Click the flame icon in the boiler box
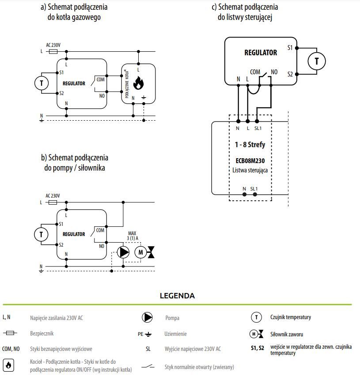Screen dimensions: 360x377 pos(138,83)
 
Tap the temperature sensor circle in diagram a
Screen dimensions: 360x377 pos(42,83)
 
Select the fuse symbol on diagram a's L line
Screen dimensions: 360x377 pos(53,51)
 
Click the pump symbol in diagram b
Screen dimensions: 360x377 pos(123,252)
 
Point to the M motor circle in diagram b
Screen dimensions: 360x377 pos(140,252)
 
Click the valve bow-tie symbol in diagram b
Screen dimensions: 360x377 pos(151,252)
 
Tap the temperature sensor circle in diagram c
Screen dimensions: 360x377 pos(317,61)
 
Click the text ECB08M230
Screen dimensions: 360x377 pos(250,160)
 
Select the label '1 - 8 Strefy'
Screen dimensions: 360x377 pos(250,145)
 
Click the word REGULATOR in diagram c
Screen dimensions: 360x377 pos(261,53)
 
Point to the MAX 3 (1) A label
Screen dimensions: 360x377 pos(133,236)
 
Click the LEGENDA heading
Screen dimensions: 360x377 pos(178,296)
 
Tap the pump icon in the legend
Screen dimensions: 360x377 pos(147,317)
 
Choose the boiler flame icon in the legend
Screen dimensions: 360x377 pos(8,365)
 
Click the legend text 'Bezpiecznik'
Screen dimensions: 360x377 pos(42,334)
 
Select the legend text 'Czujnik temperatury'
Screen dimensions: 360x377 pos(291,317)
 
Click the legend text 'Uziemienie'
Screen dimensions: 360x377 pos(175,334)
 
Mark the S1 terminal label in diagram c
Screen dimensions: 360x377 pos(290,48)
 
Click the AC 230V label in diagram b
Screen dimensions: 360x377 pos(53,196)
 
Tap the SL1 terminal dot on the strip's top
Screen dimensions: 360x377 pos(257,122)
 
